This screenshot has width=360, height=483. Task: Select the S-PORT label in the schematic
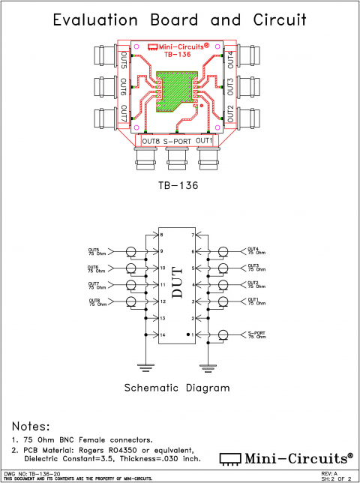[x=257, y=332]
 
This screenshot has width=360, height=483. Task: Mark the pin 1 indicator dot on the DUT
[x=187, y=333]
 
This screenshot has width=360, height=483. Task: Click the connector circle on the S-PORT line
[x=223, y=335]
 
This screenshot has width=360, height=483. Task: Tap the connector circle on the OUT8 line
[x=131, y=303]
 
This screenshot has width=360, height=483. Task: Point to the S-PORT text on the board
[x=178, y=141]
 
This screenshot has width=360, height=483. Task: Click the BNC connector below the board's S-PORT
[x=177, y=157]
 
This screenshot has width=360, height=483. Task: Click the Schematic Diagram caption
[x=177, y=388]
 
